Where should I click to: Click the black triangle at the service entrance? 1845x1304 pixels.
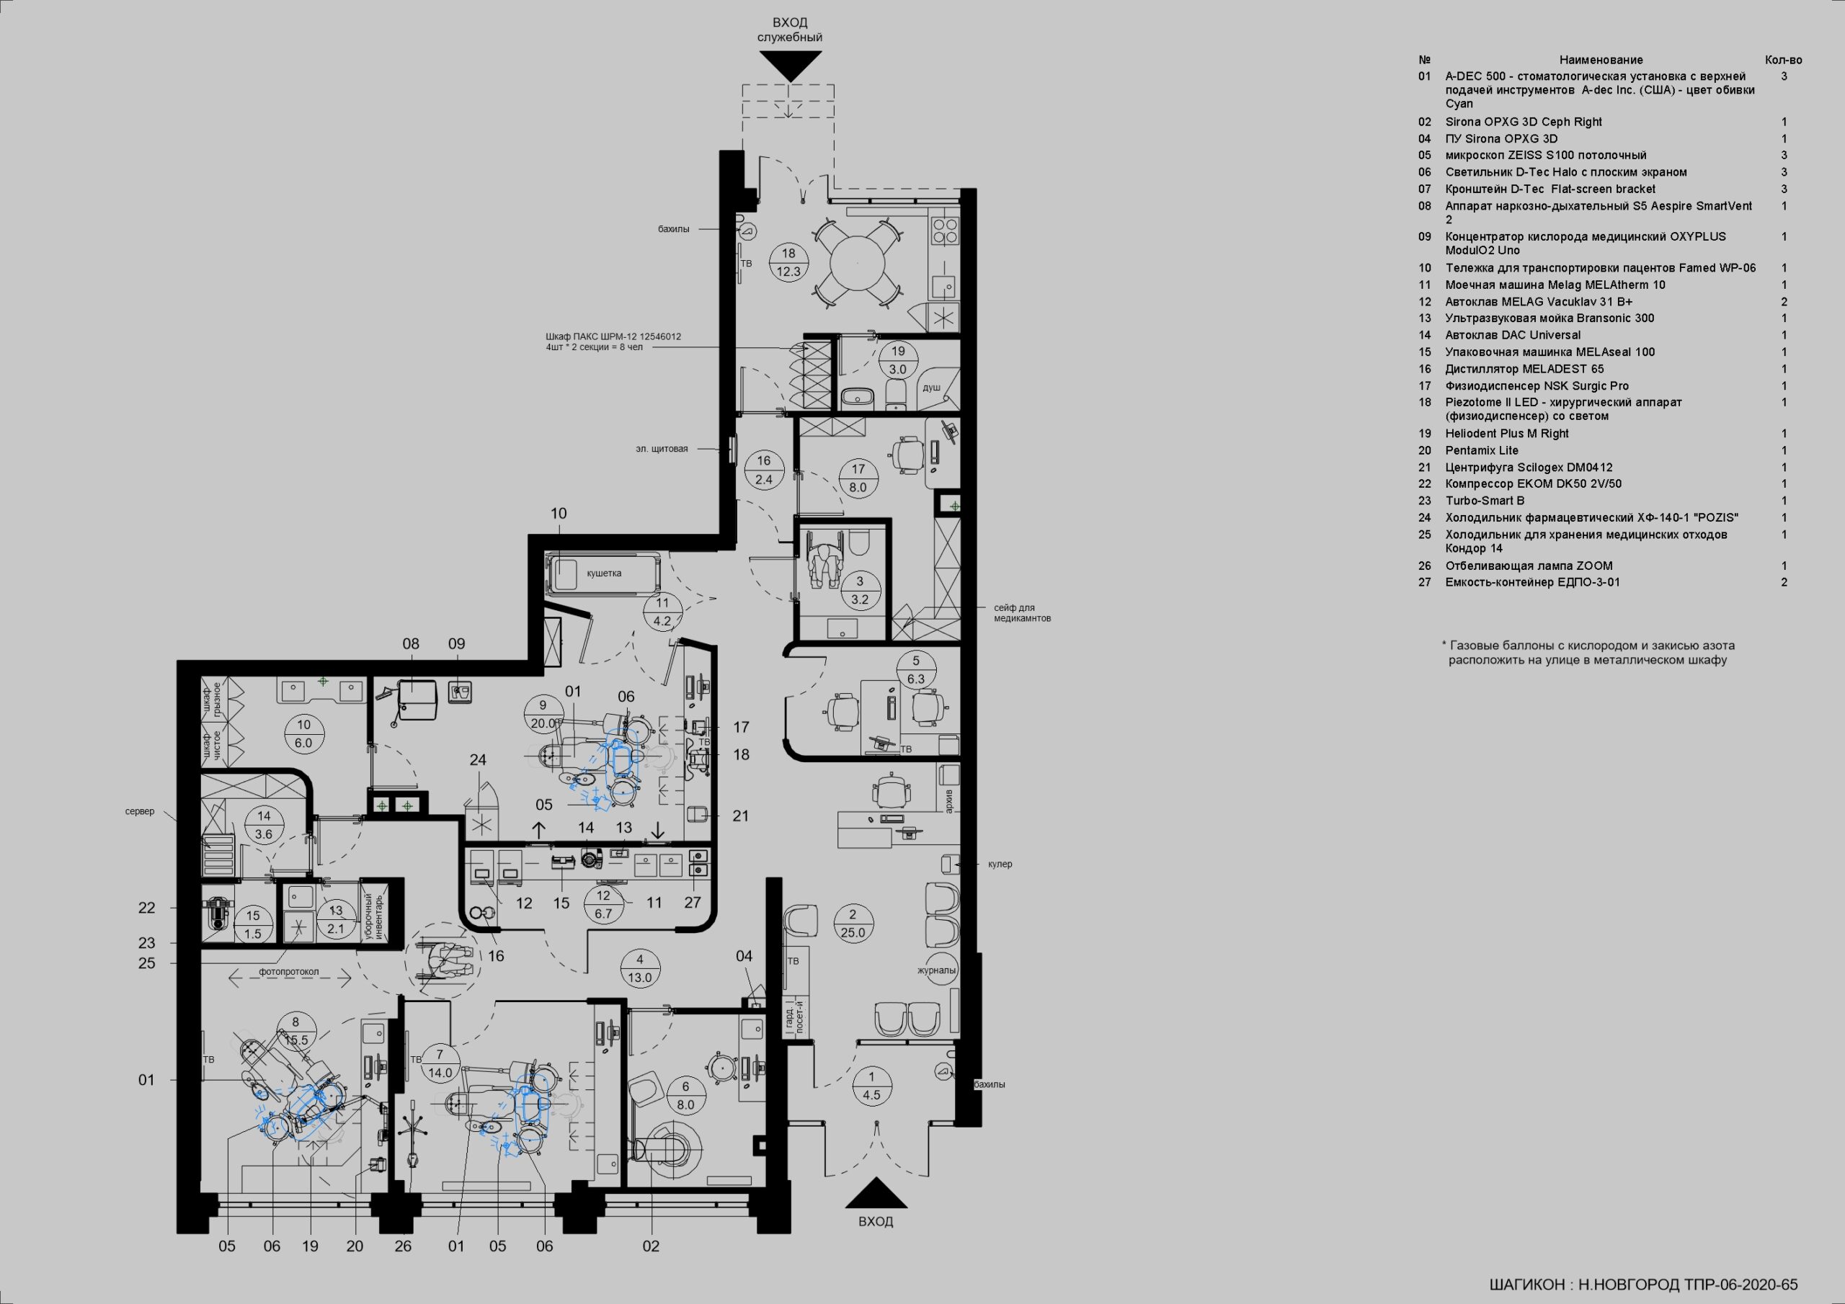pyautogui.click(x=791, y=65)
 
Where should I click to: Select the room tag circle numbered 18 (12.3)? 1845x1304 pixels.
pyautogui.click(x=788, y=262)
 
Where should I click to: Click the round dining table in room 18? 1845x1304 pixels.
pyautogui.click(x=857, y=263)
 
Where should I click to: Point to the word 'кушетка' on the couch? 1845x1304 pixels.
pyautogui.click(x=604, y=573)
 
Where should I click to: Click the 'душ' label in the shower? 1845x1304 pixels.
pyautogui.click(x=931, y=388)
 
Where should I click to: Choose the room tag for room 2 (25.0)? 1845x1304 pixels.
pyautogui.click(x=853, y=923)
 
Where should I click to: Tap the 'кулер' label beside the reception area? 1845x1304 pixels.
pyautogui.click(x=1000, y=864)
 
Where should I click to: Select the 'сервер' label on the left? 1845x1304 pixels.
pyautogui.click(x=140, y=811)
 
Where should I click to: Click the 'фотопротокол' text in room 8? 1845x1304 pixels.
pyautogui.click(x=288, y=971)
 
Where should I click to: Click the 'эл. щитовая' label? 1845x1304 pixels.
pyautogui.click(x=662, y=448)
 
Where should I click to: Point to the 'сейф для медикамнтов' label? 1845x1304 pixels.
pyautogui.click(x=1021, y=613)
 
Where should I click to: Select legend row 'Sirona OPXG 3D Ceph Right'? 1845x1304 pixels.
pyautogui.click(x=1524, y=122)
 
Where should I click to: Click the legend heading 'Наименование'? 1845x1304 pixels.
pyautogui.click(x=1601, y=61)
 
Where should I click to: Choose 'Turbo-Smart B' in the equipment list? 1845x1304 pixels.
pyautogui.click(x=1485, y=501)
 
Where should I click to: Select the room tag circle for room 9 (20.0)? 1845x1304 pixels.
pyautogui.click(x=543, y=714)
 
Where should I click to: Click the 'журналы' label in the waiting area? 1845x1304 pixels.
pyautogui.click(x=937, y=970)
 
